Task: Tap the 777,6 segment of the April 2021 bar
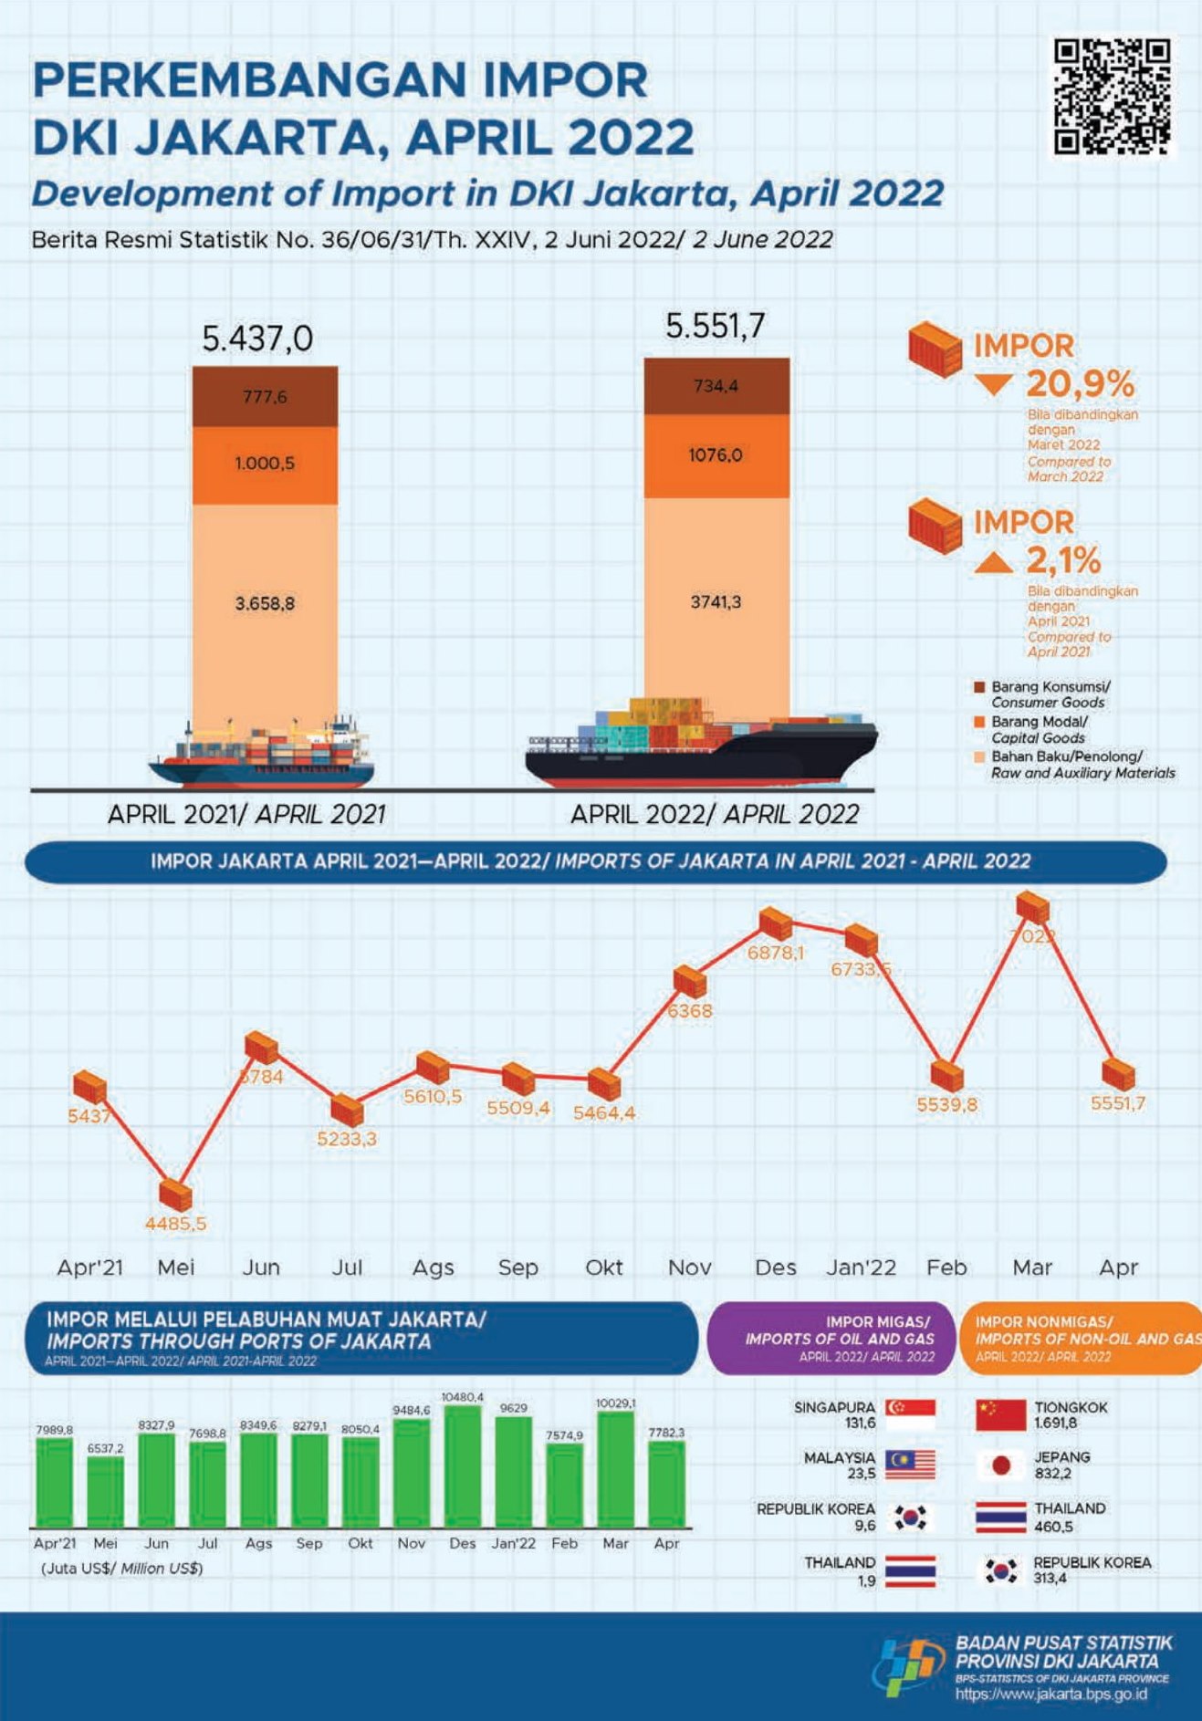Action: coord(265,397)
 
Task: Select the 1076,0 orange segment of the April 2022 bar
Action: coord(716,455)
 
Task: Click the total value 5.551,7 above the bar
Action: coord(715,326)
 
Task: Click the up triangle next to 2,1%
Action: coord(993,561)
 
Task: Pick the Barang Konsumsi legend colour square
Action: coord(980,686)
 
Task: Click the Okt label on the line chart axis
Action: coord(603,1267)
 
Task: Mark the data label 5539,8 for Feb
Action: coord(946,1105)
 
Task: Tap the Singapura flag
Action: coord(910,1414)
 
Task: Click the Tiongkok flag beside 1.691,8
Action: coord(1000,1414)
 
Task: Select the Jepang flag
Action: coord(1000,1465)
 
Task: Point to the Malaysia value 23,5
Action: coord(861,1474)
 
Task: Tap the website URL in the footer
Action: coord(1050,1695)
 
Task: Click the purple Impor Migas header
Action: coord(831,1339)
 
